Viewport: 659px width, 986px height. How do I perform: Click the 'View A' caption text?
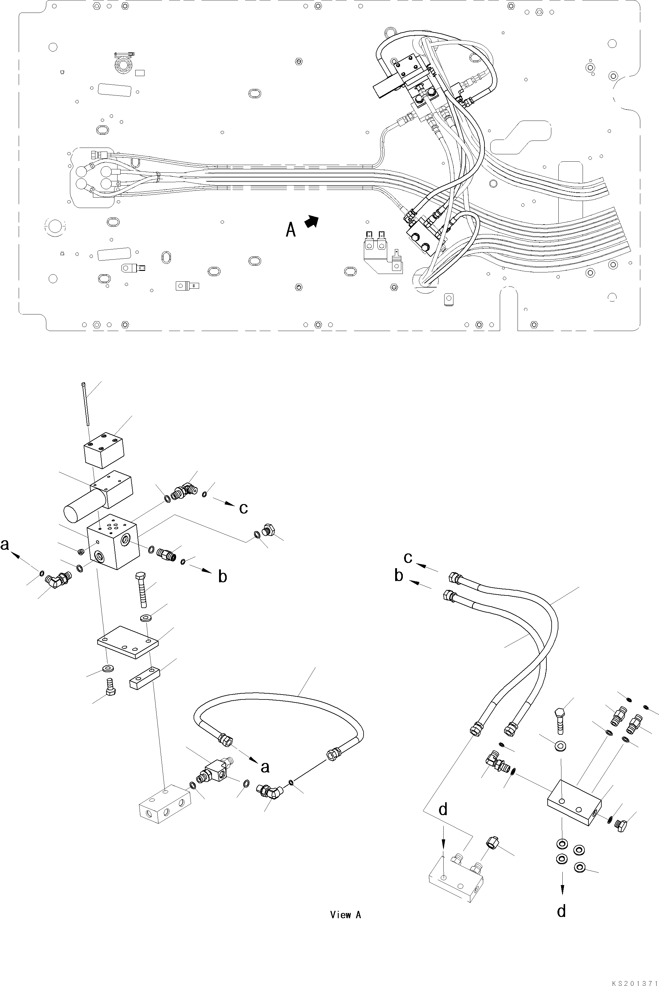click(x=345, y=915)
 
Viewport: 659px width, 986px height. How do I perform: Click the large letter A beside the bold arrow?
click(x=291, y=229)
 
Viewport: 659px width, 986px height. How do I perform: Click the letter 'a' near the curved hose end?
click(x=265, y=767)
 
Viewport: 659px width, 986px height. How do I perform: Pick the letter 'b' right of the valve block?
click(x=222, y=576)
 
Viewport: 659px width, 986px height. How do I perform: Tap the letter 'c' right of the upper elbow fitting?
click(x=243, y=508)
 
